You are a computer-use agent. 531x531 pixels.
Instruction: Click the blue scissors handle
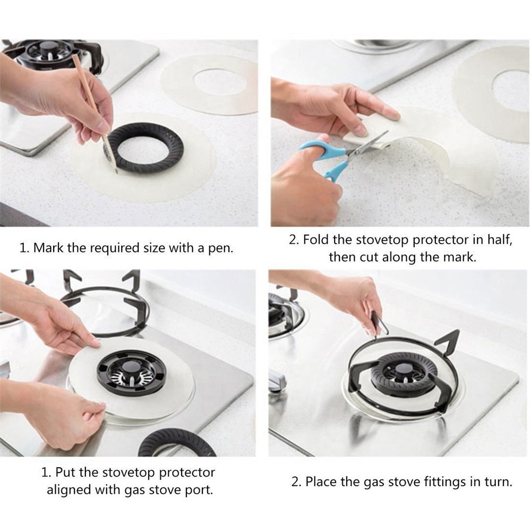pyautogui.click(x=325, y=159)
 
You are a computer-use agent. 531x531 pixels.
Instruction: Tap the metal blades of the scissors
pyautogui.click(x=367, y=144)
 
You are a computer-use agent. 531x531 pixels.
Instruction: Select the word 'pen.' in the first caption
pyautogui.click(x=221, y=248)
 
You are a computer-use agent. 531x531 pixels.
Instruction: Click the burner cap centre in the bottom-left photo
pyautogui.click(x=130, y=367)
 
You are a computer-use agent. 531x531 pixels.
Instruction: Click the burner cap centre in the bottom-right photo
pyautogui.click(x=402, y=369)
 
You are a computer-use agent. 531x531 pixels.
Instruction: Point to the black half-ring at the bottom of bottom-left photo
pyautogui.click(x=177, y=443)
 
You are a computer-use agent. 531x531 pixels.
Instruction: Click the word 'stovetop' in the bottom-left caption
pyautogui.click(x=129, y=473)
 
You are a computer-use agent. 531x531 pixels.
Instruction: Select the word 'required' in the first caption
pyautogui.click(x=110, y=248)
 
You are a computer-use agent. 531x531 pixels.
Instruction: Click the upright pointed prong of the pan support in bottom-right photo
pyautogui.click(x=451, y=342)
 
